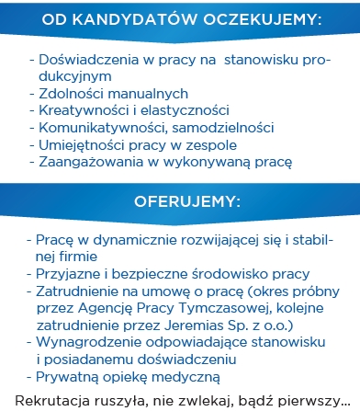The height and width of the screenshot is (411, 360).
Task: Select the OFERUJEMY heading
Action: pos(180,200)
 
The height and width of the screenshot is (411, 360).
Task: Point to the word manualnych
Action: pos(148,93)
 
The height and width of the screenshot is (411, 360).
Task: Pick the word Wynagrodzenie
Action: pos(89,342)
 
